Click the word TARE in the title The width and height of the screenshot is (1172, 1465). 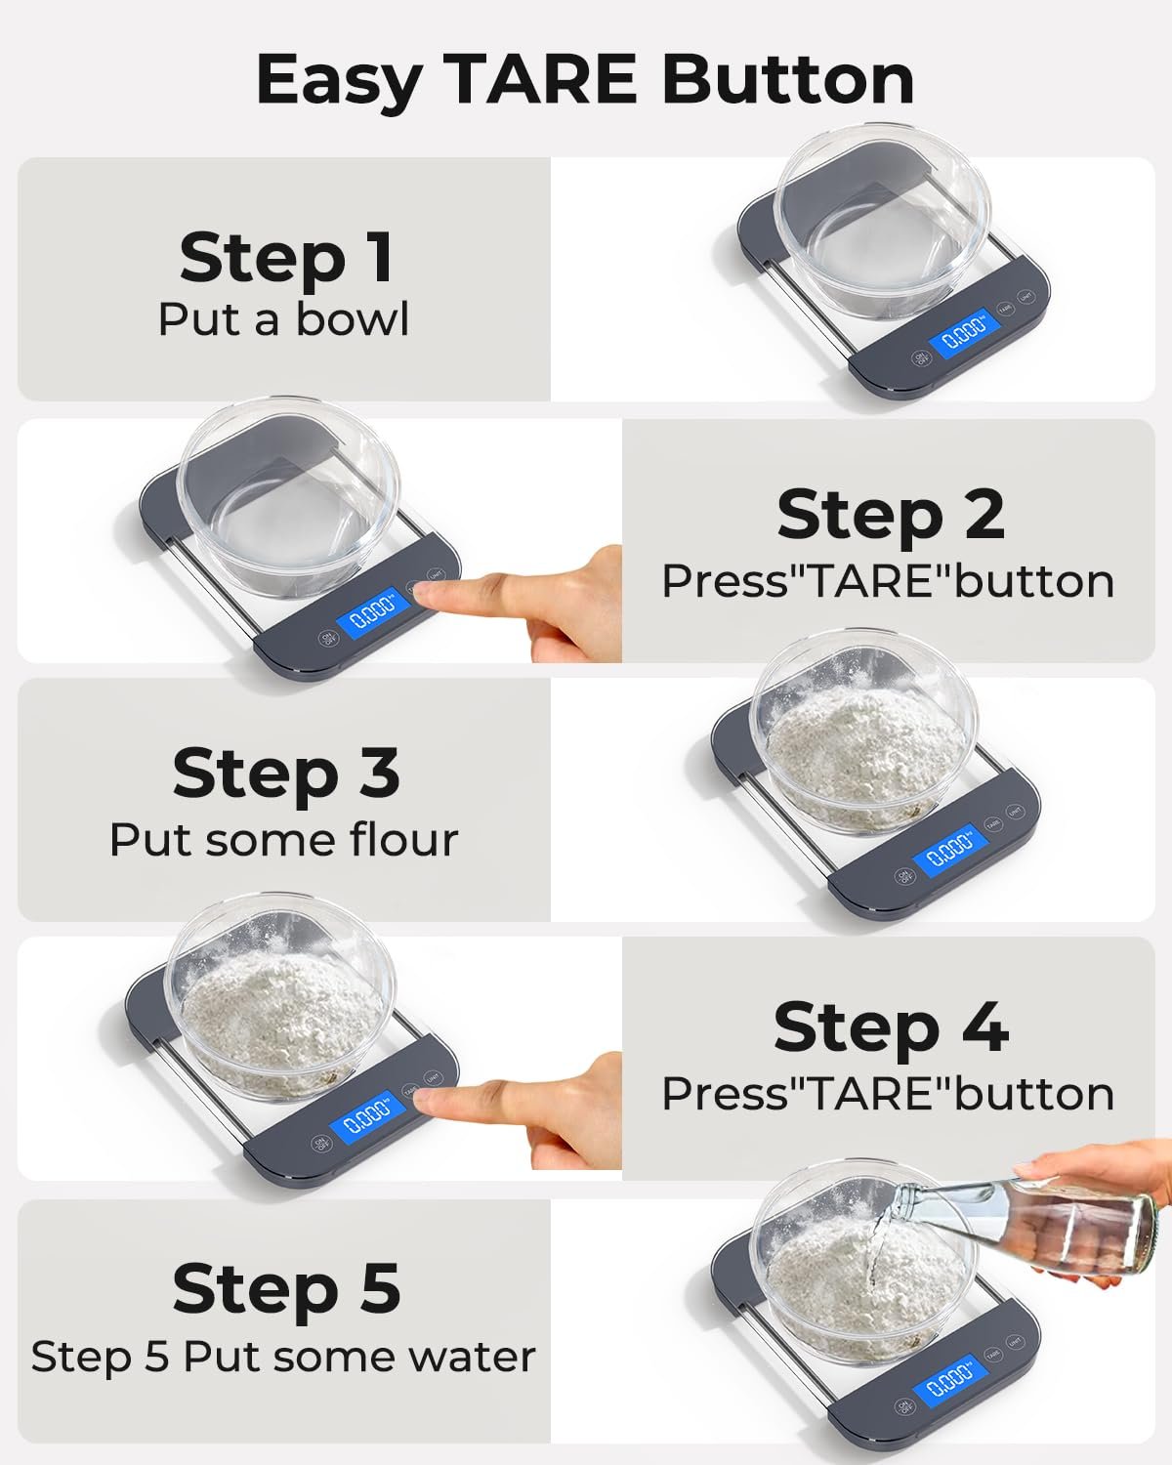pyautogui.click(x=543, y=79)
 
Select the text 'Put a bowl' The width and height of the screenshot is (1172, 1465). pyautogui.click(x=283, y=318)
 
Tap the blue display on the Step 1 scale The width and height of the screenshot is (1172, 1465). pyautogui.click(x=966, y=333)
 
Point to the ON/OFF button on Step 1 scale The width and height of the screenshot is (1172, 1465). pyautogui.click(x=921, y=357)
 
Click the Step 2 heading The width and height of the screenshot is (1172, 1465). pyautogui.click(x=890, y=516)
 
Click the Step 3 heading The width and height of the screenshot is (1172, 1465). pyautogui.click(x=286, y=774)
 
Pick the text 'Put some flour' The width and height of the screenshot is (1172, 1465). pyautogui.click(x=283, y=839)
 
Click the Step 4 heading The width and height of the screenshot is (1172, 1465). pyautogui.click(x=891, y=1028)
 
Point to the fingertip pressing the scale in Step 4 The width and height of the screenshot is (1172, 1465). pyautogui.click(x=426, y=1095)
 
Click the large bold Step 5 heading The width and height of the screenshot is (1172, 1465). pyautogui.click(x=286, y=1288)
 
